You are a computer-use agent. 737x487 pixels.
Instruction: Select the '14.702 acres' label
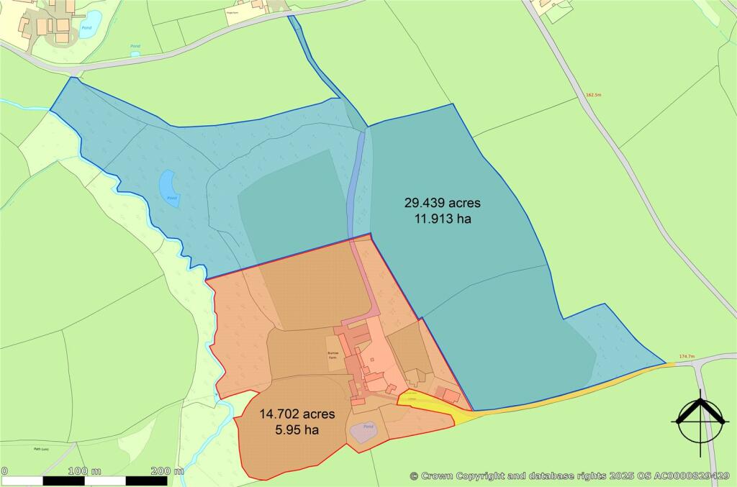[287, 414]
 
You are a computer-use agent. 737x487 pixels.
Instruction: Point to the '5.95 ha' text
[287, 430]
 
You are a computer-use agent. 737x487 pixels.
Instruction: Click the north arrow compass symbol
[697, 419]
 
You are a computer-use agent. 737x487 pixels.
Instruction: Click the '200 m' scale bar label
[167, 471]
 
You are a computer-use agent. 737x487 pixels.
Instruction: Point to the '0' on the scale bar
[4, 471]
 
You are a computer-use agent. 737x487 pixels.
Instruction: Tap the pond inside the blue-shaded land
[170, 188]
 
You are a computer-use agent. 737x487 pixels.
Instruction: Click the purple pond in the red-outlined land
[365, 432]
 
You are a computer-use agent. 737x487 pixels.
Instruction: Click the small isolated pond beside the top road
[135, 53]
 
